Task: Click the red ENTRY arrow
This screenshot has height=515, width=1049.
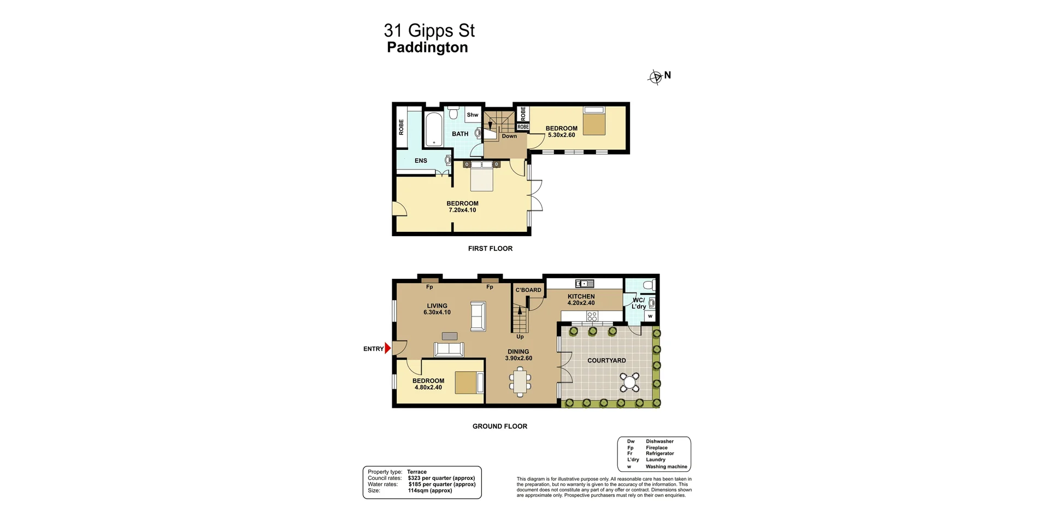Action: (388, 348)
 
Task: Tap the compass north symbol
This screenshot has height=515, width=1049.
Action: (655, 78)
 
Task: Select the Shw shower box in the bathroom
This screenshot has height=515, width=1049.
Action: (473, 115)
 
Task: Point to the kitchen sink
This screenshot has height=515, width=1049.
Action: (584, 283)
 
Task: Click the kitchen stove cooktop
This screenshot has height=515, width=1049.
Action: (592, 316)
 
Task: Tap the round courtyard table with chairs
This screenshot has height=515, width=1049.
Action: (630, 382)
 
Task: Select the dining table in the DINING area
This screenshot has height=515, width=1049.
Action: (520, 381)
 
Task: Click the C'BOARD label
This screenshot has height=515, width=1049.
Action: (528, 290)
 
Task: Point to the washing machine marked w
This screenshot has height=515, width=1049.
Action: (650, 316)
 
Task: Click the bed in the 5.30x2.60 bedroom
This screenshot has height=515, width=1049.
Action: (594, 121)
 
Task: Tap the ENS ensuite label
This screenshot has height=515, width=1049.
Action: (421, 161)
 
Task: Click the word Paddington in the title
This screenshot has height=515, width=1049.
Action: (427, 48)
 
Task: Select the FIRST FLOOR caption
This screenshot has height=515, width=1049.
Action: (490, 248)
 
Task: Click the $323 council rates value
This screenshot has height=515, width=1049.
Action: (441, 478)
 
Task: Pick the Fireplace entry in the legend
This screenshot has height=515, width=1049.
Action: (656, 448)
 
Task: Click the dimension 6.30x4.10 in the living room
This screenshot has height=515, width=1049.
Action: (437, 313)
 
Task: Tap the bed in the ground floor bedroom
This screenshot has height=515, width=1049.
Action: (469, 382)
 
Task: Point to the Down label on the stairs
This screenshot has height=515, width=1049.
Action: (509, 136)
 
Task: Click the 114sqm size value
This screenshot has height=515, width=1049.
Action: (430, 490)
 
